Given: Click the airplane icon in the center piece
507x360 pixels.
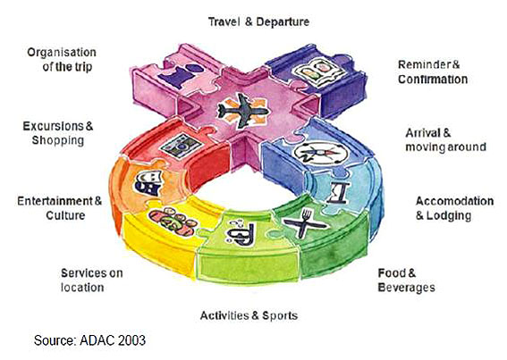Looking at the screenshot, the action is (x=243, y=111).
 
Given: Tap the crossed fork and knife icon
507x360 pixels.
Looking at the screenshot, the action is (x=304, y=223).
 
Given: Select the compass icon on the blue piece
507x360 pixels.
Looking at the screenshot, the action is (x=320, y=152).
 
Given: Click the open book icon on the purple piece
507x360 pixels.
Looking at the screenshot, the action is (x=318, y=71).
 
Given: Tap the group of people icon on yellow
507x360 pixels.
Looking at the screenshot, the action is (x=173, y=221).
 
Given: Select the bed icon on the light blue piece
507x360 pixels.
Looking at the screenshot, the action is (x=339, y=194).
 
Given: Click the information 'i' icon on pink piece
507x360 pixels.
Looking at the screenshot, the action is (x=182, y=76).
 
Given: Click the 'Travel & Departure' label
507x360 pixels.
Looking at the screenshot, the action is (x=258, y=22).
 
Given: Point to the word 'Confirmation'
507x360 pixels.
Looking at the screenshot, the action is (x=433, y=80).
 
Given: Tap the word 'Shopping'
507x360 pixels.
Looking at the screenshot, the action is (x=58, y=140).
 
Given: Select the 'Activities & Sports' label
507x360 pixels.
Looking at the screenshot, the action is (x=249, y=315).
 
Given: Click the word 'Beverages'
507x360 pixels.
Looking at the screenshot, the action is (x=407, y=288).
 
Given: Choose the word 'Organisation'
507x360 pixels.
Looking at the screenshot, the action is (x=62, y=53).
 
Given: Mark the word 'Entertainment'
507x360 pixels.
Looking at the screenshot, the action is (x=55, y=201).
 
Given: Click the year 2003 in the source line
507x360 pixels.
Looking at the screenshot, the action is (x=131, y=340).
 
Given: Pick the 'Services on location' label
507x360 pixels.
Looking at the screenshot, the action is (x=92, y=280).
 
